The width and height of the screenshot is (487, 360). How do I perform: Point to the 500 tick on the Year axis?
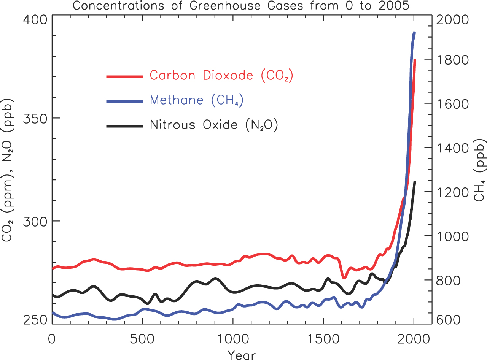[x=143, y=338]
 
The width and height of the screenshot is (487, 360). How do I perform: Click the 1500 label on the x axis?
[x=323, y=338]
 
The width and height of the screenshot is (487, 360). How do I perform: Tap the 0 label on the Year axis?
[x=52, y=338]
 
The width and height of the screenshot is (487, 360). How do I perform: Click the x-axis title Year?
[x=242, y=354]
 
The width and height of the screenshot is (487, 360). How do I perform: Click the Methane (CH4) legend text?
[x=197, y=100]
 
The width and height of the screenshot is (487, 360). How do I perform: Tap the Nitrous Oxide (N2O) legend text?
[x=214, y=125]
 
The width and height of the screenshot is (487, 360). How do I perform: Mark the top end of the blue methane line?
[x=414, y=33]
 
